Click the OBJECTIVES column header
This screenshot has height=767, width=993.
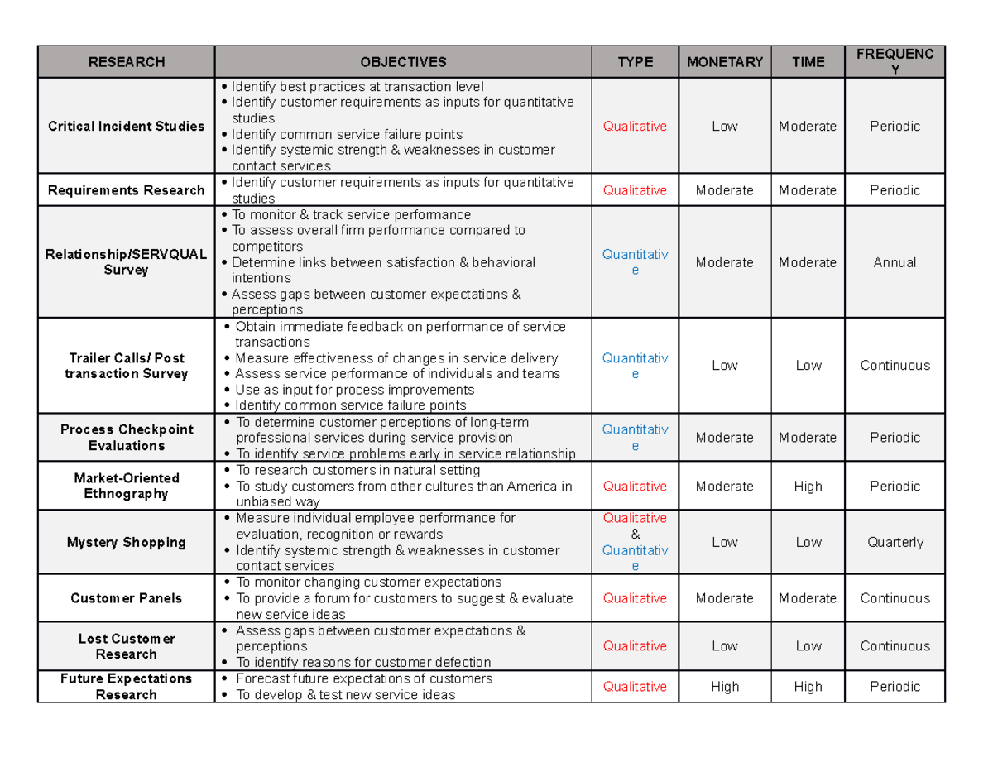pyautogui.click(x=403, y=62)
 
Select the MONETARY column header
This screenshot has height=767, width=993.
pyautogui.click(x=724, y=62)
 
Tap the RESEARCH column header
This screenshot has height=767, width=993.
pyautogui.click(x=126, y=62)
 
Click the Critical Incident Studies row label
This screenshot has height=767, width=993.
pyautogui.click(x=126, y=127)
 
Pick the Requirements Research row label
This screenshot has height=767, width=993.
pyautogui.click(x=126, y=190)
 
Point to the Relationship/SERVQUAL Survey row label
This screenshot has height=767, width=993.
pyautogui.click(x=126, y=262)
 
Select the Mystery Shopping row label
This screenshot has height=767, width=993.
pyautogui.click(x=126, y=543)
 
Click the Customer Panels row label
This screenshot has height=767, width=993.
pyautogui.click(x=126, y=598)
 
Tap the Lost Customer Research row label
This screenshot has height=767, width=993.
pyautogui.click(x=126, y=646)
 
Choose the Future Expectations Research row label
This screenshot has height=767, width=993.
pyautogui.click(x=126, y=687)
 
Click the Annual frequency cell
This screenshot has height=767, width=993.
pyautogui.click(x=894, y=262)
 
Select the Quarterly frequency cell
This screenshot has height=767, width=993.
pyautogui.click(x=894, y=543)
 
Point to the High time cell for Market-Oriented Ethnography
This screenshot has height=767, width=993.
pyautogui.click(x=808, y=487)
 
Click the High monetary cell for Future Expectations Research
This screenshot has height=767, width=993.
pyautogui.click(x=724, y=687)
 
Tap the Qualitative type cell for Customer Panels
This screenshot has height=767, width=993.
pyautogui.click(x=635, y=598)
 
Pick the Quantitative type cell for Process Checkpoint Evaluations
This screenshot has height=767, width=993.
pyautogui.click(x=635, y=438)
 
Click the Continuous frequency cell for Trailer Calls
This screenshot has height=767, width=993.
pyautogui.click(x=894, y=366)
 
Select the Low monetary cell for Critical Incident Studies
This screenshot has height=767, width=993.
pyautogui.click(x=724, y=127)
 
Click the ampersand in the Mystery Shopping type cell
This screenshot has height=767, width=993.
pyautogui.click(x=635, y=535)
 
